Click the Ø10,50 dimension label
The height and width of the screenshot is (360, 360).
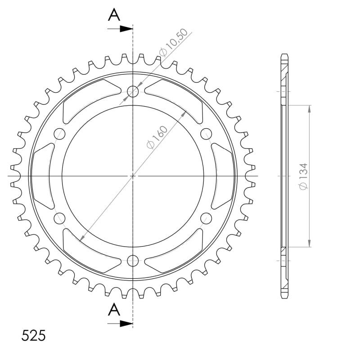(174, 42)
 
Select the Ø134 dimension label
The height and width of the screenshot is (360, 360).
(303, 176)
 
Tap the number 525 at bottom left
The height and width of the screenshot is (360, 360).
(33, 335)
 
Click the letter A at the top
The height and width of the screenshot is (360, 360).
(114, 15)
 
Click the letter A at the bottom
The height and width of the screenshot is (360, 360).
(114, 309)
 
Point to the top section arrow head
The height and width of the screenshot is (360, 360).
(126, 29)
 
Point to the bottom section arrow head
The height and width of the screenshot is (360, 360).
(126, 324)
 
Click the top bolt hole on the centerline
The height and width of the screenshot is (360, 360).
(133, 91)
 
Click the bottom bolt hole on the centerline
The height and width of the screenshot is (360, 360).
(133, 261)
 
